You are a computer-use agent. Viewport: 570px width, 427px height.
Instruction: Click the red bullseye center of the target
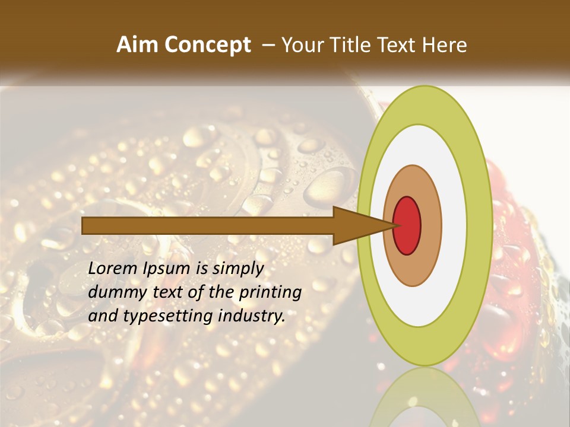(x=407, y=225)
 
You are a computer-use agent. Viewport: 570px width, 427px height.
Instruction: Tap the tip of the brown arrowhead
(x=396, y=225)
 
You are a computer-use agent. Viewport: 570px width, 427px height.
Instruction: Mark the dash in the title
(x=268, y=45)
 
